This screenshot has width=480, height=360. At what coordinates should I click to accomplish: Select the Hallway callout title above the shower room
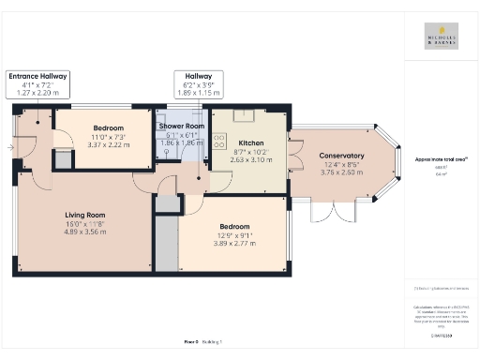pos(198,77)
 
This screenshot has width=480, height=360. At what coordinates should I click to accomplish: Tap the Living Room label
pos(84,216)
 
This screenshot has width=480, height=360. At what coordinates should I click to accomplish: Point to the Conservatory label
pos(341,156)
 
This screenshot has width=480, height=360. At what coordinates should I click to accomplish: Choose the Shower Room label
pos(181,126)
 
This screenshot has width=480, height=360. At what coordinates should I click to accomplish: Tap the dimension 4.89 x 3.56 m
pos(84,233)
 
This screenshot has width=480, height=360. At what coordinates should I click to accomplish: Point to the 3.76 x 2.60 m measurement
pos(341,172)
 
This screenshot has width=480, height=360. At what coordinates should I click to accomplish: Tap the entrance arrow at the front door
pos(10,147)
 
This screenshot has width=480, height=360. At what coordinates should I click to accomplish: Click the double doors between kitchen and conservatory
pos(292,152)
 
